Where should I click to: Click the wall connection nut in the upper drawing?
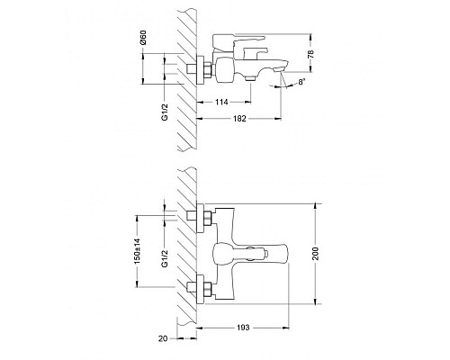(199, 68)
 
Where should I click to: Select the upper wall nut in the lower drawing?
(199, 217)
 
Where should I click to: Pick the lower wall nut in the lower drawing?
(199, 291)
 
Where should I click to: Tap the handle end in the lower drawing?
(281, 254)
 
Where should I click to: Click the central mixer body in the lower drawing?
(225, 254)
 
